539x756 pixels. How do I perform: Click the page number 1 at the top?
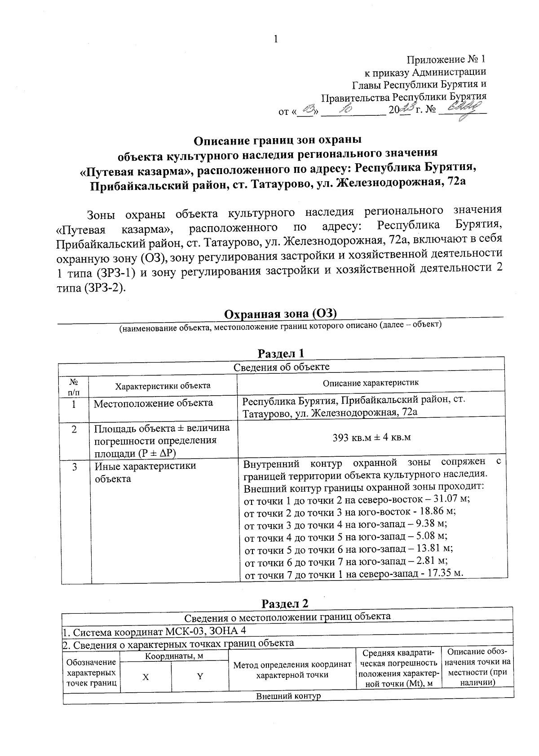pyautogui.click(x=276, y=39)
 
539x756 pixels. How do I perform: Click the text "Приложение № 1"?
pyautogui.click(x=446, y=60)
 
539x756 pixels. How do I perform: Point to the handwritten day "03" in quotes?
pyautogui.click(x=309, y=109)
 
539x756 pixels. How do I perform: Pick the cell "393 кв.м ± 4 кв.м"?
pyautogui.click(x=371, y=437)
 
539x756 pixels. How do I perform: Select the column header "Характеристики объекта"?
pyautogui.click(x=163, y=385)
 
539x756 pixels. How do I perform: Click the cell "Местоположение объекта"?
pyautogui.click(x=153, y=403)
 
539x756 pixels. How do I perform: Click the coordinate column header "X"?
pyautogui.click(x=146, y=677)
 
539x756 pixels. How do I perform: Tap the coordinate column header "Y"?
pyautogui.click(x=200, y=677)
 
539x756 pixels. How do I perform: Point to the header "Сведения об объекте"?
pyautogui.click(x=282, y=367)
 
